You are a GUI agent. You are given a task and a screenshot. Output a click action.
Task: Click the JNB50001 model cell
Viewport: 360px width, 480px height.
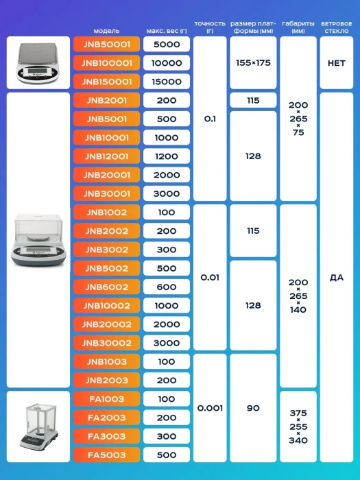[x=106, y=45]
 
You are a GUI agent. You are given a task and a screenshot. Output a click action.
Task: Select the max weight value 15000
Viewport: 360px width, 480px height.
[x=167, y=82]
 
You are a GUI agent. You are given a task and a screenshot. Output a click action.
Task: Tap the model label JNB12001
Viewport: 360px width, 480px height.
[x=106, y=156]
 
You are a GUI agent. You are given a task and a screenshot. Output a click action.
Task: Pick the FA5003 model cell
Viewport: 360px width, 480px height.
[x=106, y=455]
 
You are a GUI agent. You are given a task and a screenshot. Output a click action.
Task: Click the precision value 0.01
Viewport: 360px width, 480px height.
[x=210, y=278]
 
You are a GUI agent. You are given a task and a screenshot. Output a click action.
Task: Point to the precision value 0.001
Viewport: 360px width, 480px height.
[x=210, y=408]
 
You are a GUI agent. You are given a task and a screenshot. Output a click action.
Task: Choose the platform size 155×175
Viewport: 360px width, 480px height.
[x=253, y=63]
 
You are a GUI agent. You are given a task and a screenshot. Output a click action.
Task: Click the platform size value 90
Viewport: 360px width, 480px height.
[x=253, y=408]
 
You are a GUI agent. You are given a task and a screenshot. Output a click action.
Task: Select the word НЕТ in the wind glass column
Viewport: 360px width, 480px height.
[x=337, y=63]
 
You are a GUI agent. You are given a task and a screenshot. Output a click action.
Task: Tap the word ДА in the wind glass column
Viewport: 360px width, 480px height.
[x=337, y=278]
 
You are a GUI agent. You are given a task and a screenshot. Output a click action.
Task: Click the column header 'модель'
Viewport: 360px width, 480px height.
[x=106, y=31]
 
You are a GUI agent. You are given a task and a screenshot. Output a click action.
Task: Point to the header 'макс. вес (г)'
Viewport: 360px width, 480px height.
[x=167, y=31]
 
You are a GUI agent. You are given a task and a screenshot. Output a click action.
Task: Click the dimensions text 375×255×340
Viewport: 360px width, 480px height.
[x=298, y=427]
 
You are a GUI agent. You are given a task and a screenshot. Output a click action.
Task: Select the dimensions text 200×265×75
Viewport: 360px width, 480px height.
[x=298, y=119]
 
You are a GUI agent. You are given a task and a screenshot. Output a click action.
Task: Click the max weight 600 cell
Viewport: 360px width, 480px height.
[x=167, y=287]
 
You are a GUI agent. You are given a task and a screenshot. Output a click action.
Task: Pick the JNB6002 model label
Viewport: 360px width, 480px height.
[x=106, y=287]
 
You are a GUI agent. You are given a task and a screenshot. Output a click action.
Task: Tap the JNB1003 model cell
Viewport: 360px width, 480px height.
[x=106, y=361]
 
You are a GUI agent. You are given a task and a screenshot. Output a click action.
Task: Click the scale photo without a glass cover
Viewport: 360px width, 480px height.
[x=38, y=63]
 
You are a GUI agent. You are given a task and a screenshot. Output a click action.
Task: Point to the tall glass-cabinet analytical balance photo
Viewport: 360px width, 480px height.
[x=38, y=427]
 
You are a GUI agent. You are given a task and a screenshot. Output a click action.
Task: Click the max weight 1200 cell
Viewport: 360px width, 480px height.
[x=167, y=156]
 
